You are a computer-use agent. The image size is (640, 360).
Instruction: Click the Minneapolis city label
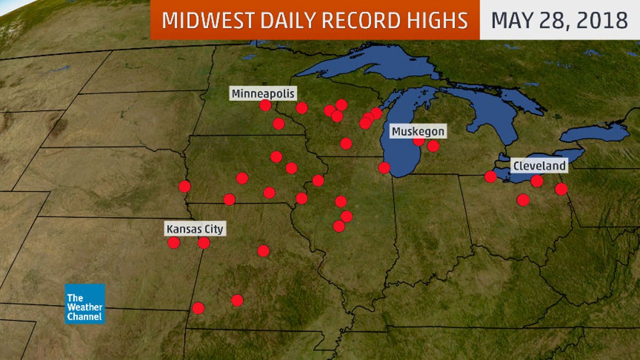point(263,93)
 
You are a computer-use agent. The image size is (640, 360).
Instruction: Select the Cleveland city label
point(539,166)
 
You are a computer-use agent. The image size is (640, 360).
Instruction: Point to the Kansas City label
point(195,229)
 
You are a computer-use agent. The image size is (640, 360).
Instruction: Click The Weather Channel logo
point(85,303)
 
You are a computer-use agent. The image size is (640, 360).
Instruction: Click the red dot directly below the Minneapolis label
point(265,105)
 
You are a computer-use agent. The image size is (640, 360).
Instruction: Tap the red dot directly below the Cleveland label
point(537,181)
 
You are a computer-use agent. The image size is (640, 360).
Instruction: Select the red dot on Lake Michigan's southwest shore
point(384,167)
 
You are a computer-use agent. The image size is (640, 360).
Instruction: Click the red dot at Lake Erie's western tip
point(490,177)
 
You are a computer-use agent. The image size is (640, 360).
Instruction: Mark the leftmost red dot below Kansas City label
point(173,243)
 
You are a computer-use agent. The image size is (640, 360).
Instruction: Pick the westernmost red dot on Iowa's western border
point(185,186)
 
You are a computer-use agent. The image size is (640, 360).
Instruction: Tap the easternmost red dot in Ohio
point(561,189)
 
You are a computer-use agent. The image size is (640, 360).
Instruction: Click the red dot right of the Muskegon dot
point(433,146)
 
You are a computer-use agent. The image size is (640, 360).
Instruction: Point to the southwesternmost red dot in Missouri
point(198,308)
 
